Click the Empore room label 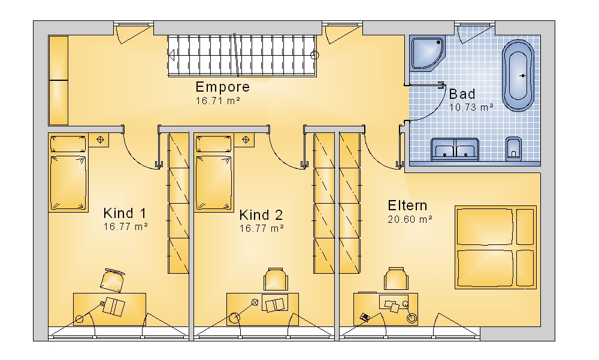pos(223,87)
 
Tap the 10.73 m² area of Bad pos(471,107)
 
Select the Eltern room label pos(407,205)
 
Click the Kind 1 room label pos(125,213)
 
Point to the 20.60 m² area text pos(410,220)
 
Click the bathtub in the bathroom pos(518,75)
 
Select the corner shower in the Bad pos(427,53)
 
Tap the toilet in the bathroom pos(513,149)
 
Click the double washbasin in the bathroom pos(455,149)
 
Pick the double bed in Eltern pos(495,247)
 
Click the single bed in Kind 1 pos(68,173)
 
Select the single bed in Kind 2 pos(214,173)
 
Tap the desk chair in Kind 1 pos(113,280)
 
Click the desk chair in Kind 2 pos(276,279)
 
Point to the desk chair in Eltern pos(396,279)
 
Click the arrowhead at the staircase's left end pos(171,56)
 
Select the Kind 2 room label pos(261,215)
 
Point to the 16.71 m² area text pos(218,101)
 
